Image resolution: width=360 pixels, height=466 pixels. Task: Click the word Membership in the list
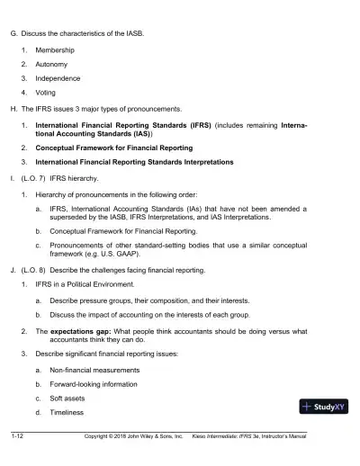(x=55, y=50)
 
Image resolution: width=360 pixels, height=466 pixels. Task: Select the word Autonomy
(x=53, y=65)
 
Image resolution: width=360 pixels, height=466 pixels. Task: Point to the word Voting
(x=48, y=93)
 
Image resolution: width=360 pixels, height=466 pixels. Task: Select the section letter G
(x=12, y=33)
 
